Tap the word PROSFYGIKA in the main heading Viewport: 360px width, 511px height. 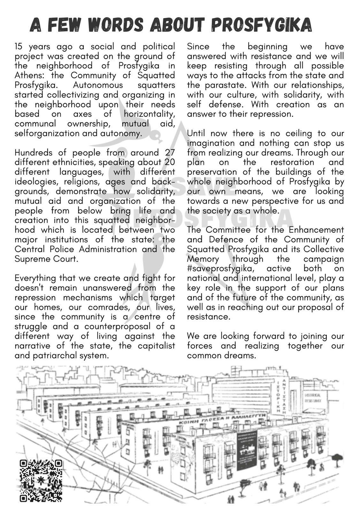click(262, 25)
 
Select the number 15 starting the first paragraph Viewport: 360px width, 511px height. click(19, 47)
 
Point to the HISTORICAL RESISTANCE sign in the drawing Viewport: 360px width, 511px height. click(313, 397)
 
